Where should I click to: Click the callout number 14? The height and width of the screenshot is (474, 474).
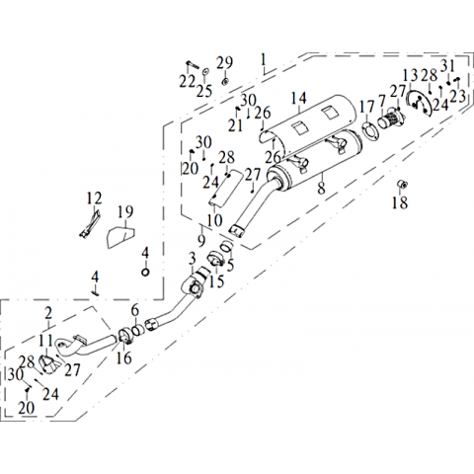(x=299, y=99)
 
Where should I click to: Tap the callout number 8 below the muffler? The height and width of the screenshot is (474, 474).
(x=321, y=188)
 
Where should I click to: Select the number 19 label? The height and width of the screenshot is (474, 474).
(x=125, y=212)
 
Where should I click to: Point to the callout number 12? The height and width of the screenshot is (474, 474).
(x=94, y=198)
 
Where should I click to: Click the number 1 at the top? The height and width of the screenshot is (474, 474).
(x=263, y=60)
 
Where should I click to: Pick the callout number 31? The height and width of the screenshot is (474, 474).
(x=447, y=66)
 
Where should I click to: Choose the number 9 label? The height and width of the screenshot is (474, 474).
(x=201, y=240)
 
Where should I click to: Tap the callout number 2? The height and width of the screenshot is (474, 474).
(x=48, y=313)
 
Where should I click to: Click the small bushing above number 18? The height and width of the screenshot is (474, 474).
(x=403, y=184)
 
